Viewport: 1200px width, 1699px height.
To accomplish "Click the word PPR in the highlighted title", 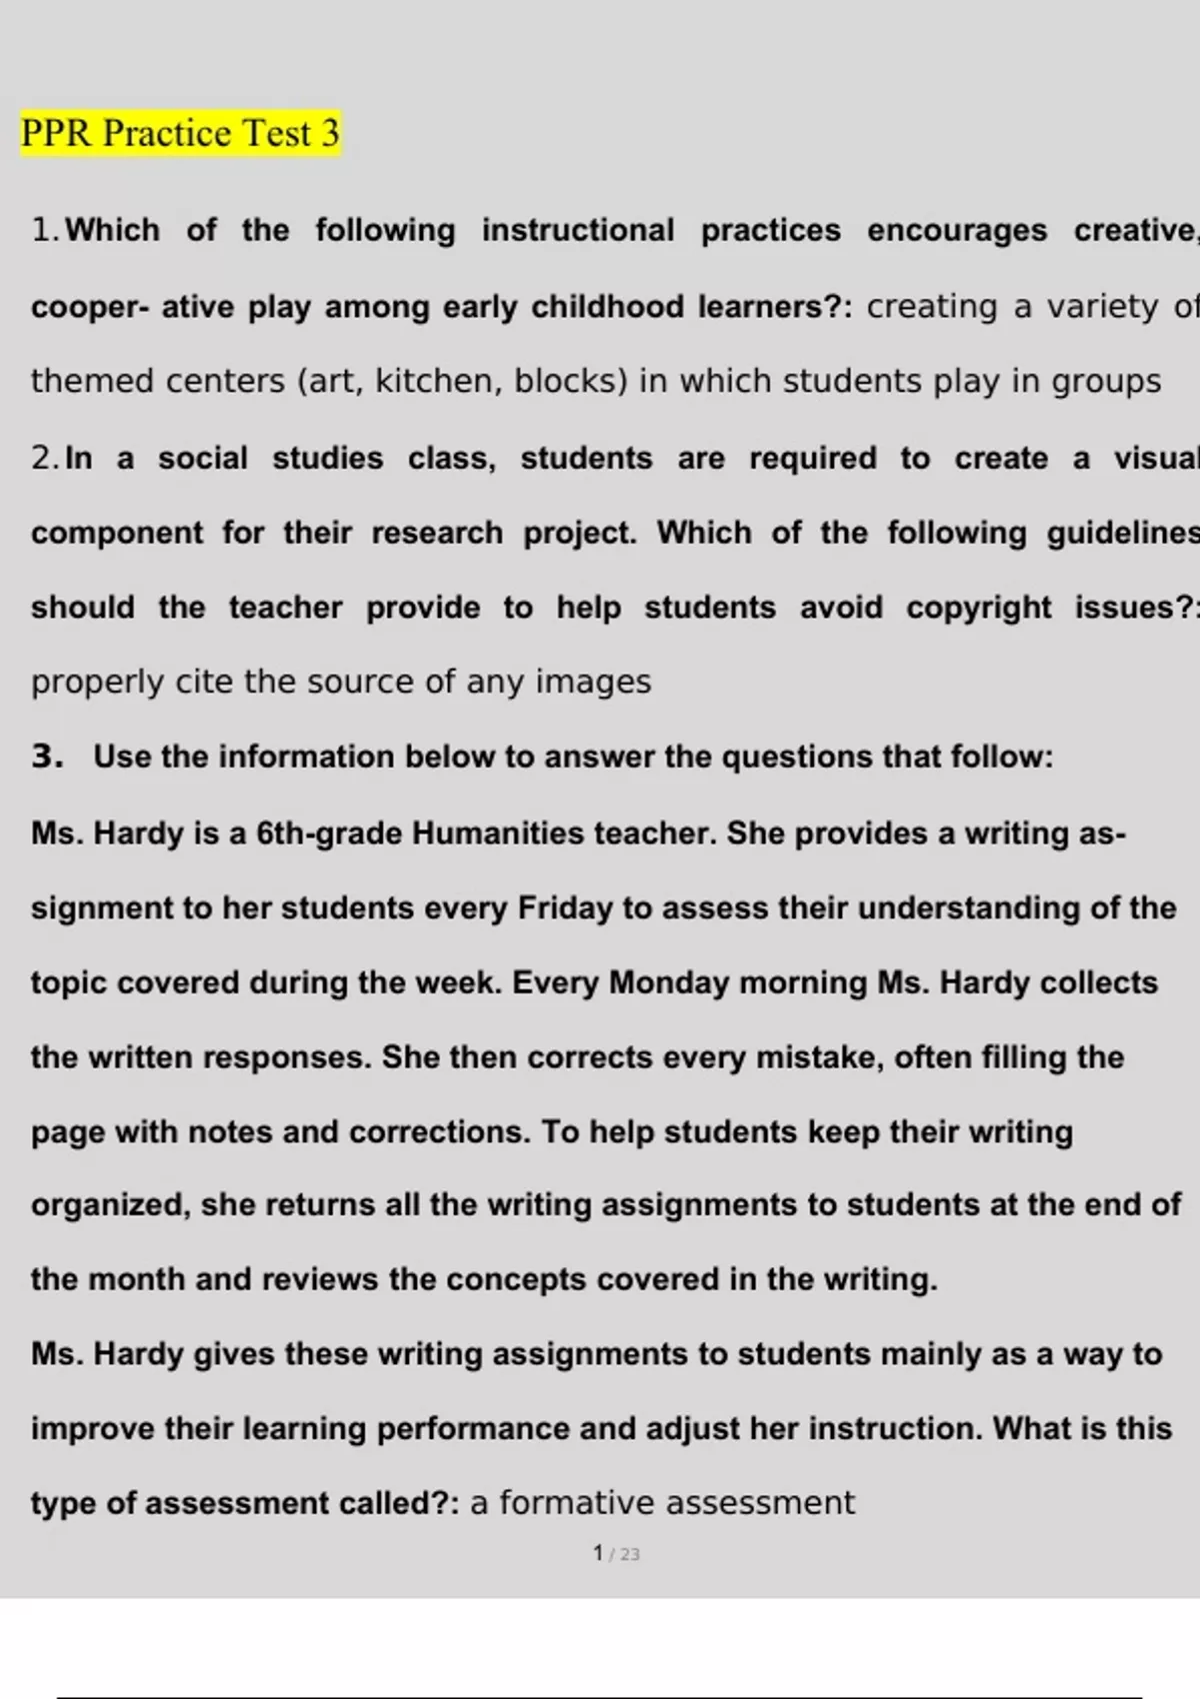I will [57, 133].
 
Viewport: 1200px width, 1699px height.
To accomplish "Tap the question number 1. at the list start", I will [46, 231].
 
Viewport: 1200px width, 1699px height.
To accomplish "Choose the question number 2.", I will [46, 459].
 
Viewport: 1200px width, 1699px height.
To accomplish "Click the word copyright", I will [978, 608].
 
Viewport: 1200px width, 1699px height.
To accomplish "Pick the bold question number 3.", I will [47, 757].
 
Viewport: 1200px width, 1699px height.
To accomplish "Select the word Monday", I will [669, 982].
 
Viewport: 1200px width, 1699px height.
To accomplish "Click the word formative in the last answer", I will [577, 1503].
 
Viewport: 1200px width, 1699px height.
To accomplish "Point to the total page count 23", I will [629, 1555].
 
